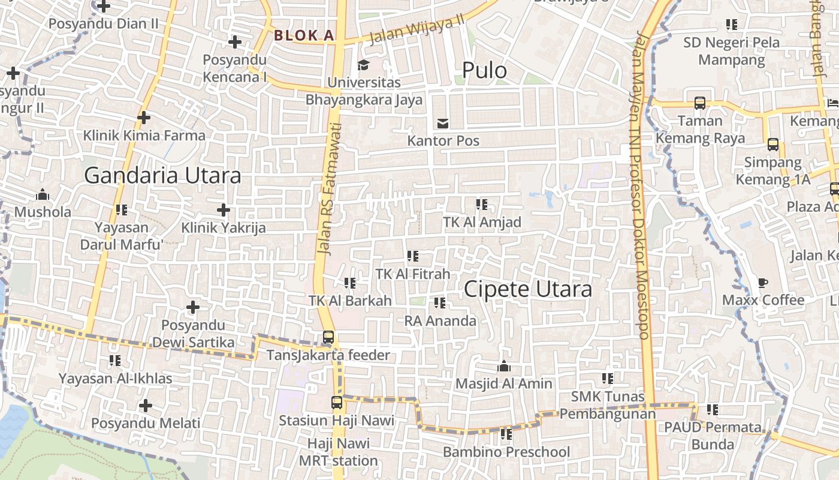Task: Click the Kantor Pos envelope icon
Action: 443,124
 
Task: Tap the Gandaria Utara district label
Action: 162,176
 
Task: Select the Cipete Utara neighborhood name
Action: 528,289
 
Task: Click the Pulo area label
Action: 484,71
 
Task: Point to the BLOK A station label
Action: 304,35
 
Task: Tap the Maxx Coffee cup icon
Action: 763,283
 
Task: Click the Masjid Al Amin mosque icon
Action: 504,366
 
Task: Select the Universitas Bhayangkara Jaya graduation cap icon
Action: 364,65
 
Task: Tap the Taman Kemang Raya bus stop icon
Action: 699,103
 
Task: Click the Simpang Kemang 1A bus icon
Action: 773,145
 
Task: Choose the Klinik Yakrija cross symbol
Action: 224,210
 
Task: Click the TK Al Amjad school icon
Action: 481,205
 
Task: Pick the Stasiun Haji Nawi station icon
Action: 337,403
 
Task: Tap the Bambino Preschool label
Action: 506,452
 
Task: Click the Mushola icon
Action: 43,195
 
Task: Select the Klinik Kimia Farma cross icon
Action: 144,118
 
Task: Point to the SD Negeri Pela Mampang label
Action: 732,51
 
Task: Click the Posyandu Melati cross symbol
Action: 145,406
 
